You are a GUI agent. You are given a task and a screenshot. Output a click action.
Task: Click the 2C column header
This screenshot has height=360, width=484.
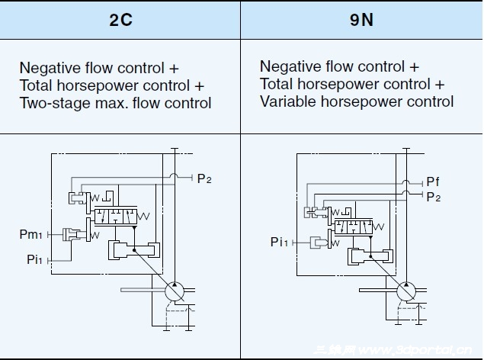(x=120, y=20)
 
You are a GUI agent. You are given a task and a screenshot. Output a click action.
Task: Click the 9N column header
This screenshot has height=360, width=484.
(x=361, y=20)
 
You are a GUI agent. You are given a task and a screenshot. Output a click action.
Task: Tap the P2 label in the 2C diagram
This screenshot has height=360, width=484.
(x=204, y=179)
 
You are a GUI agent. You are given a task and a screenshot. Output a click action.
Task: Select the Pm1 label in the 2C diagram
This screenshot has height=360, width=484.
(x=30, y=233)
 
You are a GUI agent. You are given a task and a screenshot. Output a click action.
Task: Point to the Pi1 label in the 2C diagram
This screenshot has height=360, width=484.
(x=34, y=259)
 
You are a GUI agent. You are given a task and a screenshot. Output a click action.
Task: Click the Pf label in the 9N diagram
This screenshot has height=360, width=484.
(x=433, y=182)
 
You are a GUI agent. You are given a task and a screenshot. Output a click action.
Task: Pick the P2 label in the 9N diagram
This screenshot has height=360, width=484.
(x=433, y=197)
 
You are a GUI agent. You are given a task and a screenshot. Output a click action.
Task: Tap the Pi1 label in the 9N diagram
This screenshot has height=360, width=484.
(x=280, y=242)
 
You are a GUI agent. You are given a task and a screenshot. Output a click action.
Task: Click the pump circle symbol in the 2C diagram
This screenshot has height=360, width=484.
(x=175, y=290)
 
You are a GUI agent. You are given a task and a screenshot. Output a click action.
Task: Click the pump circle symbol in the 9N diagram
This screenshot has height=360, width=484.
(x=407, y=291)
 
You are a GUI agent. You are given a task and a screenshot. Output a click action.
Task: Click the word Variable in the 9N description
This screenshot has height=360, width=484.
(x=287, y=101)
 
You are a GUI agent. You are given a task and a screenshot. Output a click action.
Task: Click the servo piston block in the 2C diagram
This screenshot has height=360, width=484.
(x=133, y=249)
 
